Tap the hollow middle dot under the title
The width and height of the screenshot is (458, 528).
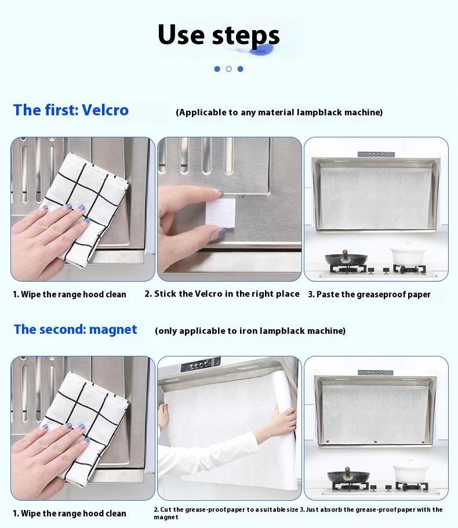[x=228, y=69]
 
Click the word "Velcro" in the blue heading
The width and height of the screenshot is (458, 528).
[x=105, y=110]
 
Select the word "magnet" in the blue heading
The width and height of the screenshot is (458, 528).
[x=110, y=330]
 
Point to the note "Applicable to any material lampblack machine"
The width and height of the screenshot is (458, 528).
[x=279, y=112]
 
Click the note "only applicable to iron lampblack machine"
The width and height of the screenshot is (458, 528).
[x=250, y=331]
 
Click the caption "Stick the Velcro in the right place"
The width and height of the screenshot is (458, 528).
[x=222, y=294]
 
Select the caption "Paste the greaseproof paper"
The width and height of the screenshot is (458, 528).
[x=369, y=294]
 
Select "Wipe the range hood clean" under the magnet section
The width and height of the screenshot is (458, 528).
[x=70, y=514]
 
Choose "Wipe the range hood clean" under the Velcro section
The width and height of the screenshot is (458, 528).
[x=70, y=294]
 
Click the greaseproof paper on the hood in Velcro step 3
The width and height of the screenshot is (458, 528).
[x=376, y=196]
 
